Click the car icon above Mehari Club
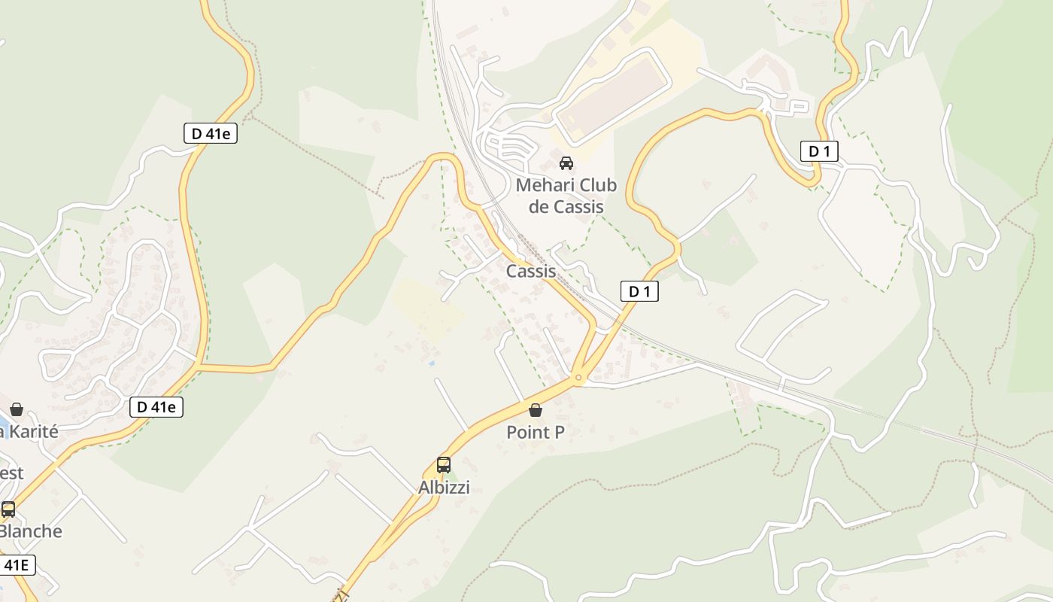click(566, 163)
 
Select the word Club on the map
click(599, 185)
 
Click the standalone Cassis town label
click(531, 271)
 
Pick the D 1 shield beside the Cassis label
click(639, 291)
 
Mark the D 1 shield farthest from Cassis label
click(819, 151)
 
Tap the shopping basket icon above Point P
click(536, 410)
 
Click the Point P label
click(536, 432)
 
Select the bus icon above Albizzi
click(444, 465)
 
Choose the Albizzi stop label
click(444, 488)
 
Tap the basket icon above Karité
click(17, 410)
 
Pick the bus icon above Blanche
click(8, 509)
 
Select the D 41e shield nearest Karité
click(156, 407)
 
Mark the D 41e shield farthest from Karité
click(211, 134)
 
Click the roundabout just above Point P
click(578, 377)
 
